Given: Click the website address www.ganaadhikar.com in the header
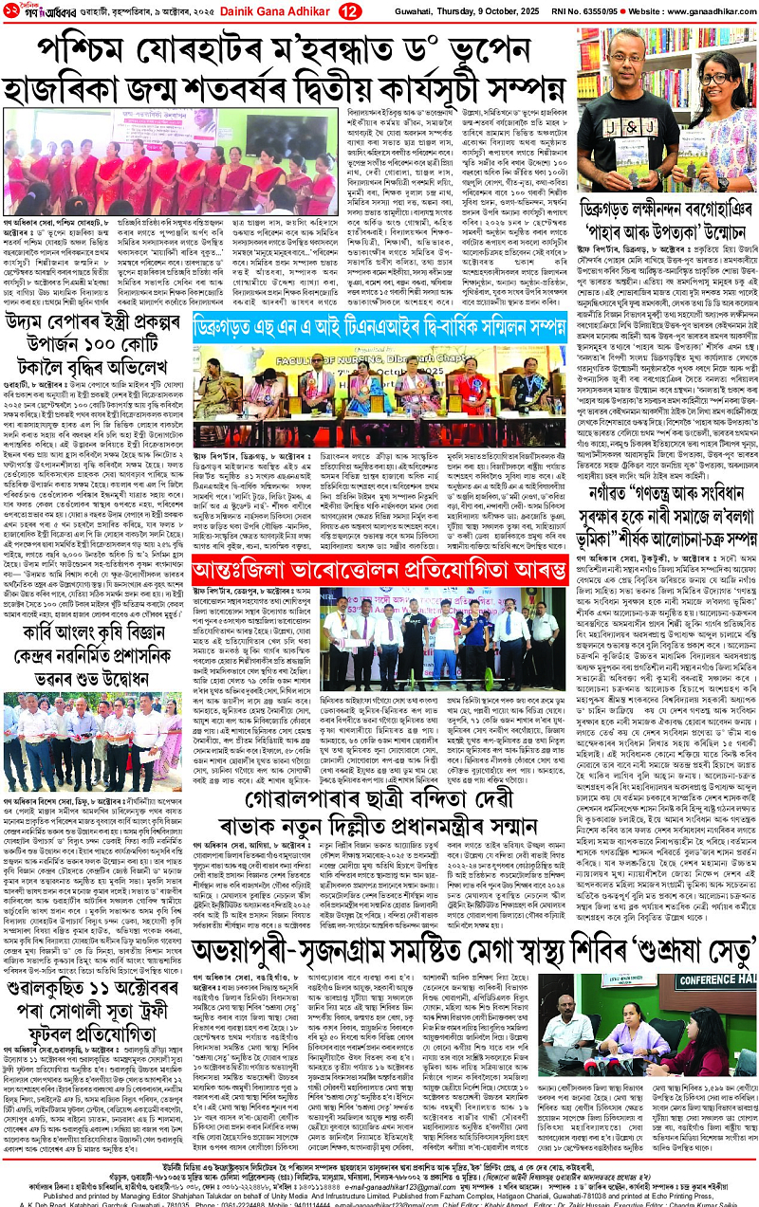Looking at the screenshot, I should tap(696, 10).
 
